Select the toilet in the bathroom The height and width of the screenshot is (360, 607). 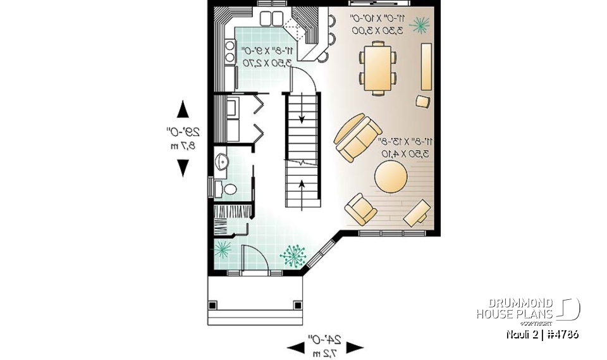(228, 189)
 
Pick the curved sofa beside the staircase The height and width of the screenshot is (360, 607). (357, 137)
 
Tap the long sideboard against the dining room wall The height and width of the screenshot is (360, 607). (426, 66)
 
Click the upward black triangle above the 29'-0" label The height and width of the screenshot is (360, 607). (183, 109)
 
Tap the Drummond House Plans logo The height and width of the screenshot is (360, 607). (527, 309)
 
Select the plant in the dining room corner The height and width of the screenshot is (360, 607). (419, 25)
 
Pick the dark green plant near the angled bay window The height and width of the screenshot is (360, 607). (293, 256)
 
